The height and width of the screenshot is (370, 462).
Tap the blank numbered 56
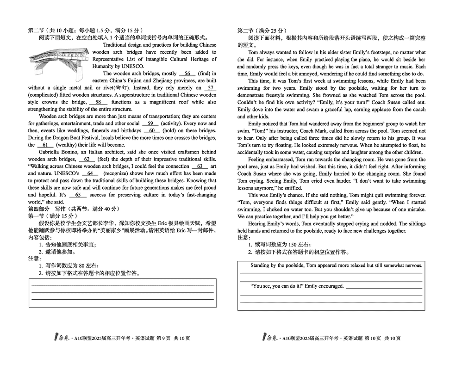[x=187, y=74]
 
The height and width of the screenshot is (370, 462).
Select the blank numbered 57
[x=210, y=88]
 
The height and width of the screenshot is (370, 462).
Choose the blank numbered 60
[x=152, y=131]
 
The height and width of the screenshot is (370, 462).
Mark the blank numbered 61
[x=45, y=145]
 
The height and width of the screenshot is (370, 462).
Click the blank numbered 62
[x=87, y=160]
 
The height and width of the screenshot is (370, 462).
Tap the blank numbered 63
[x=200, y=166]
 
